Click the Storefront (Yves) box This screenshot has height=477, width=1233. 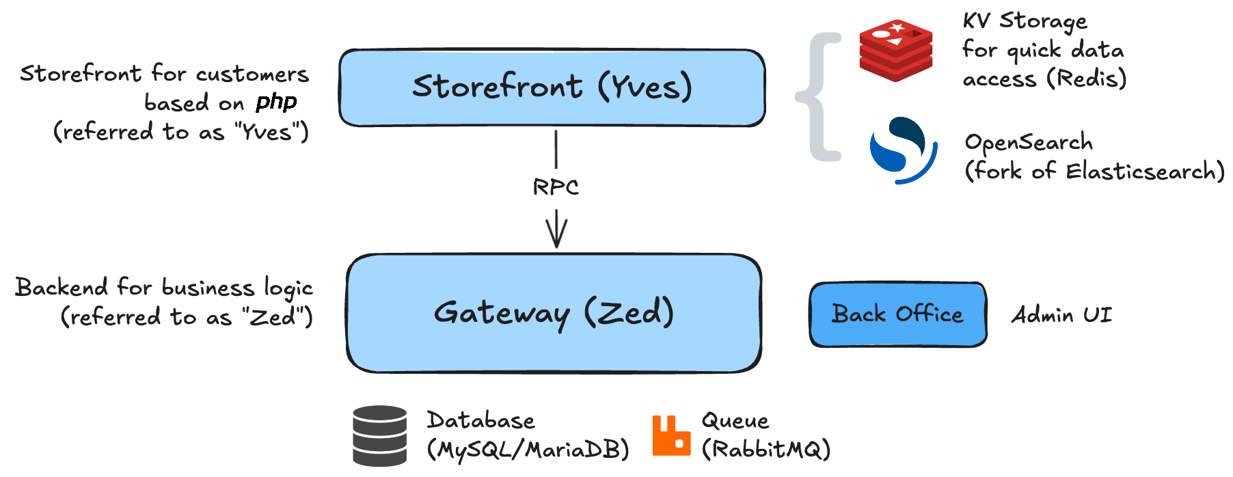[x=552, y=87]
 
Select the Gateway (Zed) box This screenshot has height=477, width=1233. [x=554, y=313]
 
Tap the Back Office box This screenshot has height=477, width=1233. [x=897, y=314]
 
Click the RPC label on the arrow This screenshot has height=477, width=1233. [x=556, y=187]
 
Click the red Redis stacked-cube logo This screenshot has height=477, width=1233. [x=895, y=51]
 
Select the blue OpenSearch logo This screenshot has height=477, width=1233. [x=902, y=150]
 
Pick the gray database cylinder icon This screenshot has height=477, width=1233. [x=380, y=435]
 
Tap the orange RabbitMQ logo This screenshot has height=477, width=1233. [x=671, y=435]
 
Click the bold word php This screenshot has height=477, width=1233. [x=276, y=103]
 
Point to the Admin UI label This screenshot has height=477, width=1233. [x=1061, y=315]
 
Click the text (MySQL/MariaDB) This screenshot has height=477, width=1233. [x=528, y=450]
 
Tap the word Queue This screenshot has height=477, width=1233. [x=735, y=420]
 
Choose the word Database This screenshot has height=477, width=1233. [x=481, y=420]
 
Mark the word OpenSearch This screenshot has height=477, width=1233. [x=1029, y=142]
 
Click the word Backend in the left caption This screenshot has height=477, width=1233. [x=62, y=287]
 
